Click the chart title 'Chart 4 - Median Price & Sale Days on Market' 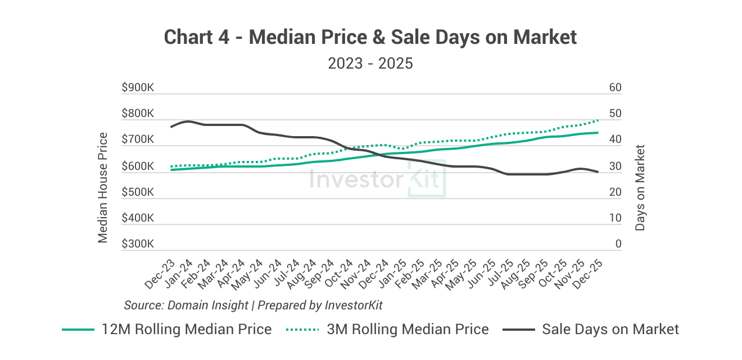370,37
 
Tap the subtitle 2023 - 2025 370,63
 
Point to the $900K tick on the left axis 138,88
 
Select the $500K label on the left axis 138,192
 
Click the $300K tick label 138,245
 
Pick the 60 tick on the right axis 615,88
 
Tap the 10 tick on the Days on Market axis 615,218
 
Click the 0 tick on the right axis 618,245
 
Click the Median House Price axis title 103,187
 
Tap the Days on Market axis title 640,187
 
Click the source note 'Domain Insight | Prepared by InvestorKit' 254,305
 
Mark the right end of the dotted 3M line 597,120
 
